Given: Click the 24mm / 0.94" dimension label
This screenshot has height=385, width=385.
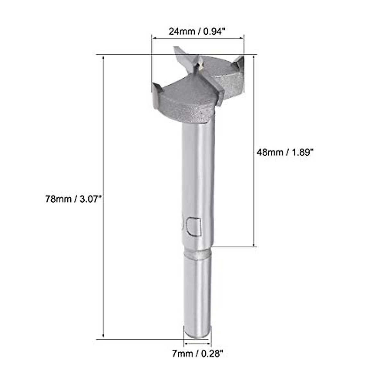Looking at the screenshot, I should click(x=197, y=31).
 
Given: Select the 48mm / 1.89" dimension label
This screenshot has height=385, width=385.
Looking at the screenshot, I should click(x=285, y=152).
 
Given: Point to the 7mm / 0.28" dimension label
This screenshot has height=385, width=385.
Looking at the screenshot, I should click(x=197, y=354).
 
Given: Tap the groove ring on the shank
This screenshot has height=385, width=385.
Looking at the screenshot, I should click(x=197, y=254).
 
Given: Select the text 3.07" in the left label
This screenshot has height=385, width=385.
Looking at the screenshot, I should click(x=90, y=199).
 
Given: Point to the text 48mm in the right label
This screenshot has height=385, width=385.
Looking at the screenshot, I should click(x=268, y=152).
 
